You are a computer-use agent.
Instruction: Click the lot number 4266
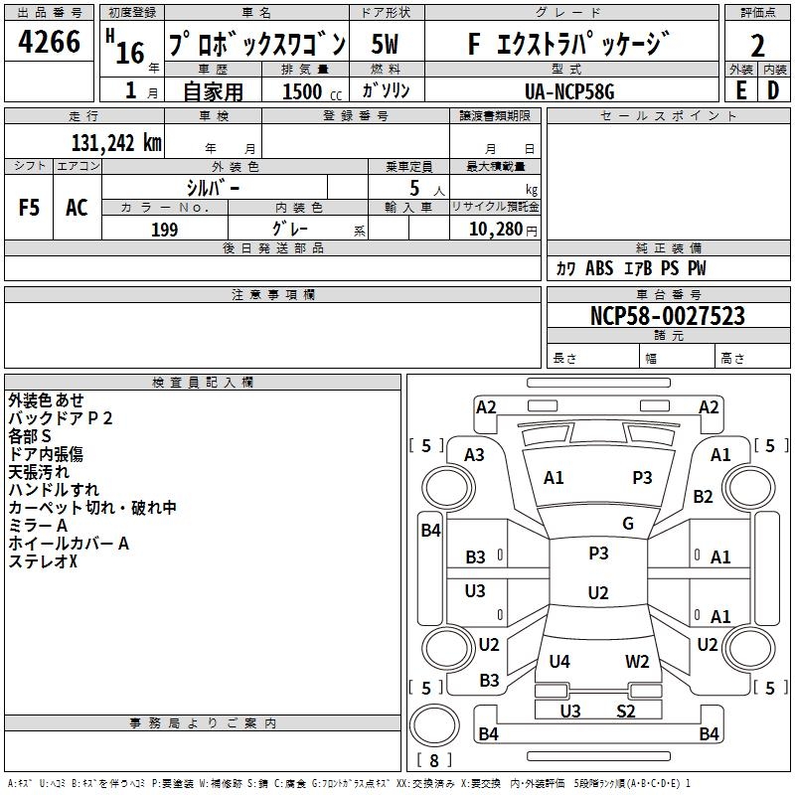[x=50, y=43]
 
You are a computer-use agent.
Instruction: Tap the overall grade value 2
[x=757, y=45]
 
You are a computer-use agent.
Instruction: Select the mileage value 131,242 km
[x=116, y=142]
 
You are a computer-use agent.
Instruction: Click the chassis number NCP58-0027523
[x=667, y=316]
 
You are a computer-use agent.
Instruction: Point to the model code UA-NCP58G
[x=569, y=90]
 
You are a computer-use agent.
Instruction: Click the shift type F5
[x=30, y=207]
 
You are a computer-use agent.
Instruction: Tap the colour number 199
[x=165, y=230]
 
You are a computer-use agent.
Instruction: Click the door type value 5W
[x=388, y=44]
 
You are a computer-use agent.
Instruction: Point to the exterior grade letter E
[x=740, y=89]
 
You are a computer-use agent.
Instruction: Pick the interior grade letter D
[x=773, y=89]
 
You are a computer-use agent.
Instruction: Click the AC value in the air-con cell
[x=77, y=207]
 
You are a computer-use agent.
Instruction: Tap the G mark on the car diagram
[x=627, y=524]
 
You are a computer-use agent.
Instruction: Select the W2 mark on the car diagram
[x=637, y=661]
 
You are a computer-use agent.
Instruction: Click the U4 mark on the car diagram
[x=559, y=661]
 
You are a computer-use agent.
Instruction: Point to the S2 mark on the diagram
[x=625, y=711]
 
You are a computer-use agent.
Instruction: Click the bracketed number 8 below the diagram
[x=433, y=761]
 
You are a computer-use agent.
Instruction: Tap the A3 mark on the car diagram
[x=475, y=454]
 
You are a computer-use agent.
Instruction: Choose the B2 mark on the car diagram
[x=704, y=496]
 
